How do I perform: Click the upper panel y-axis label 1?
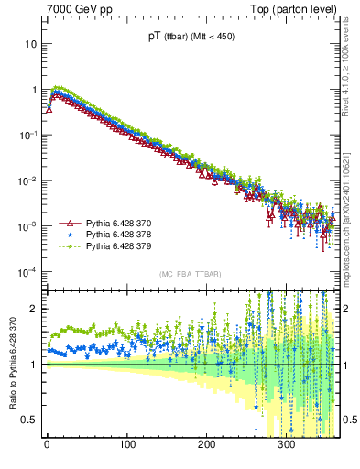[x=34, y=90]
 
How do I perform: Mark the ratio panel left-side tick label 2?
[x=34, y=309]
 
